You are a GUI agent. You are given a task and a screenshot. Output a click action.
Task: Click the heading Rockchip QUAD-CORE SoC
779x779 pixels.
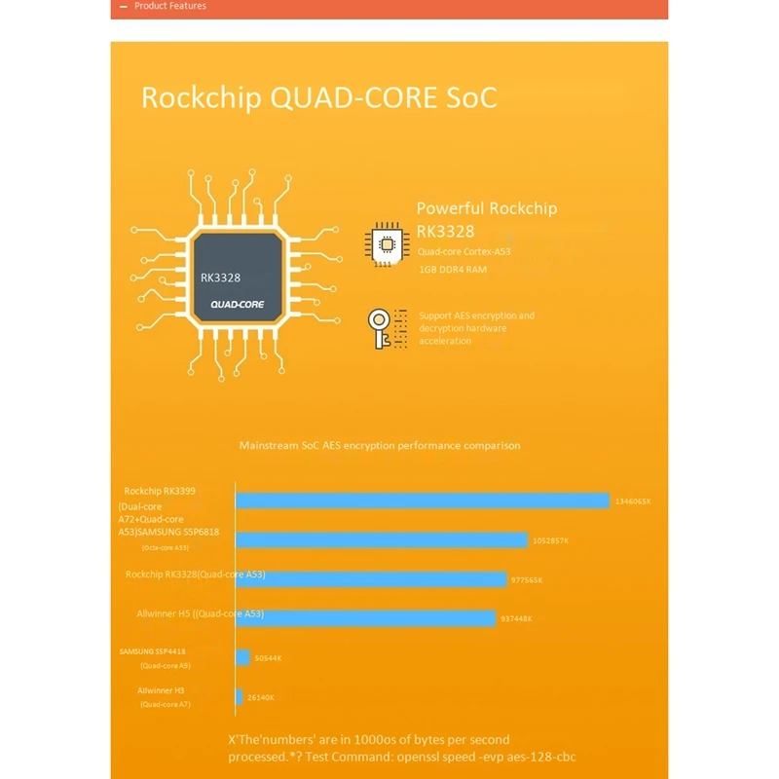coord(319,98)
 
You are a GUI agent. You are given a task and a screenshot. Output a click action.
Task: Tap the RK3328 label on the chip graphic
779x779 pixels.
coord(220,278)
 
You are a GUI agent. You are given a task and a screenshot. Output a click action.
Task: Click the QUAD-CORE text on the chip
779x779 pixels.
coord(238,305)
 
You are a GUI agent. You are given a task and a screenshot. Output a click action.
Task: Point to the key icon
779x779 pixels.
coord(386,328)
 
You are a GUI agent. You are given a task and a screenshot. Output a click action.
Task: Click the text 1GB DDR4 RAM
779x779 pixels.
coord(452,269)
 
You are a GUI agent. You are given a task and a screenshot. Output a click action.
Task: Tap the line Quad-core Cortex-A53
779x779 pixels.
coord(464,251)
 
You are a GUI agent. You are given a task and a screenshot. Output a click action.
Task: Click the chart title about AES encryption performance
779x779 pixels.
coord(380,445)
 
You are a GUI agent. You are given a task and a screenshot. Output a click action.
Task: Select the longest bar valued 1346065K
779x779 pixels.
coord(423,501)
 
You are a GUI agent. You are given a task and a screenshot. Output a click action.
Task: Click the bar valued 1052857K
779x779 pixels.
coord(382,539)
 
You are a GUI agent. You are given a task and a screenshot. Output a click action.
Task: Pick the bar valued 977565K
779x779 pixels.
coord(371,578)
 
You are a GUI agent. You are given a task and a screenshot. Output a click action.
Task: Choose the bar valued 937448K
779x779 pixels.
coord(366,617)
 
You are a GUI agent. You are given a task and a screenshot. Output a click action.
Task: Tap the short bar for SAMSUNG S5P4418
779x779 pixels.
coord(242,657)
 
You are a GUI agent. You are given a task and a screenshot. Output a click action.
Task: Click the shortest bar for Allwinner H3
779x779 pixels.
coord(239,696)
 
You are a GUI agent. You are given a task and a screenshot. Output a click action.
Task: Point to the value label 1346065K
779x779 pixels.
coord(633,501)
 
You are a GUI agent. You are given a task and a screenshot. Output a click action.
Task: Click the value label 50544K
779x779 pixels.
coord(268,658)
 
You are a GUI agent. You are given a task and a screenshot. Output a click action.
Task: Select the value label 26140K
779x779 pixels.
coord(260,697)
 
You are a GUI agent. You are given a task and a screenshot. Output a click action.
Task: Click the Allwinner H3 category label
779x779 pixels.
coord(154,690)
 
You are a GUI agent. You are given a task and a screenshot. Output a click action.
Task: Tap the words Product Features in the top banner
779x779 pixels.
coord(170,6)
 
